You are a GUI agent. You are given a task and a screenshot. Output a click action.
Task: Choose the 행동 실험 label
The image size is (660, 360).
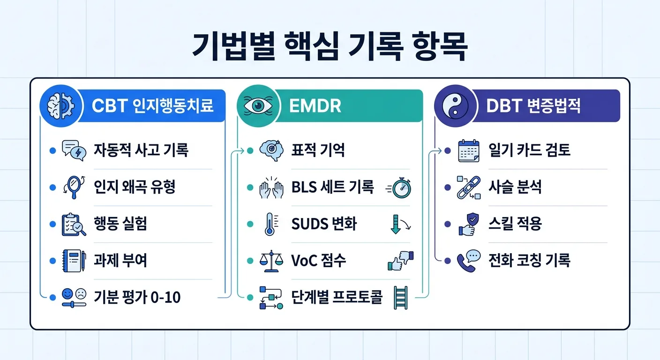tap(120, 224)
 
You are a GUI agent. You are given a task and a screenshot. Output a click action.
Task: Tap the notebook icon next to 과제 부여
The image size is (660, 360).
tap(74, 261)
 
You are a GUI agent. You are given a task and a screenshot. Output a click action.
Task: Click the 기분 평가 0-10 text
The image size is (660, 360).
tap(137, 297)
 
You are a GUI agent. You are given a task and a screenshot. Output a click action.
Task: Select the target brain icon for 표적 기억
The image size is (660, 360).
tap(271, 151)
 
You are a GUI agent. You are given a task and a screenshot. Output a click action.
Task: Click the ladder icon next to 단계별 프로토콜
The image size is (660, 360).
tap(401, 297)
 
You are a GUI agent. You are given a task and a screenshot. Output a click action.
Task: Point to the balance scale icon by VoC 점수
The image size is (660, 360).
tap(271, 261)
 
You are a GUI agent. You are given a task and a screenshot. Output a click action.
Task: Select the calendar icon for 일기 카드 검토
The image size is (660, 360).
tap(468, 151)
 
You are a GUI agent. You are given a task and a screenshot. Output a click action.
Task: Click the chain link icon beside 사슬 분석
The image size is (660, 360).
tap(468, 187)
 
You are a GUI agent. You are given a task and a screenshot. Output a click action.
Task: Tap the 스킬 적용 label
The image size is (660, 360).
tap(515, 224)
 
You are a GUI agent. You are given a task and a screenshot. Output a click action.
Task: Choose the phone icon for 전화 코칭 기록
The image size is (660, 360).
tap(468, 261)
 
